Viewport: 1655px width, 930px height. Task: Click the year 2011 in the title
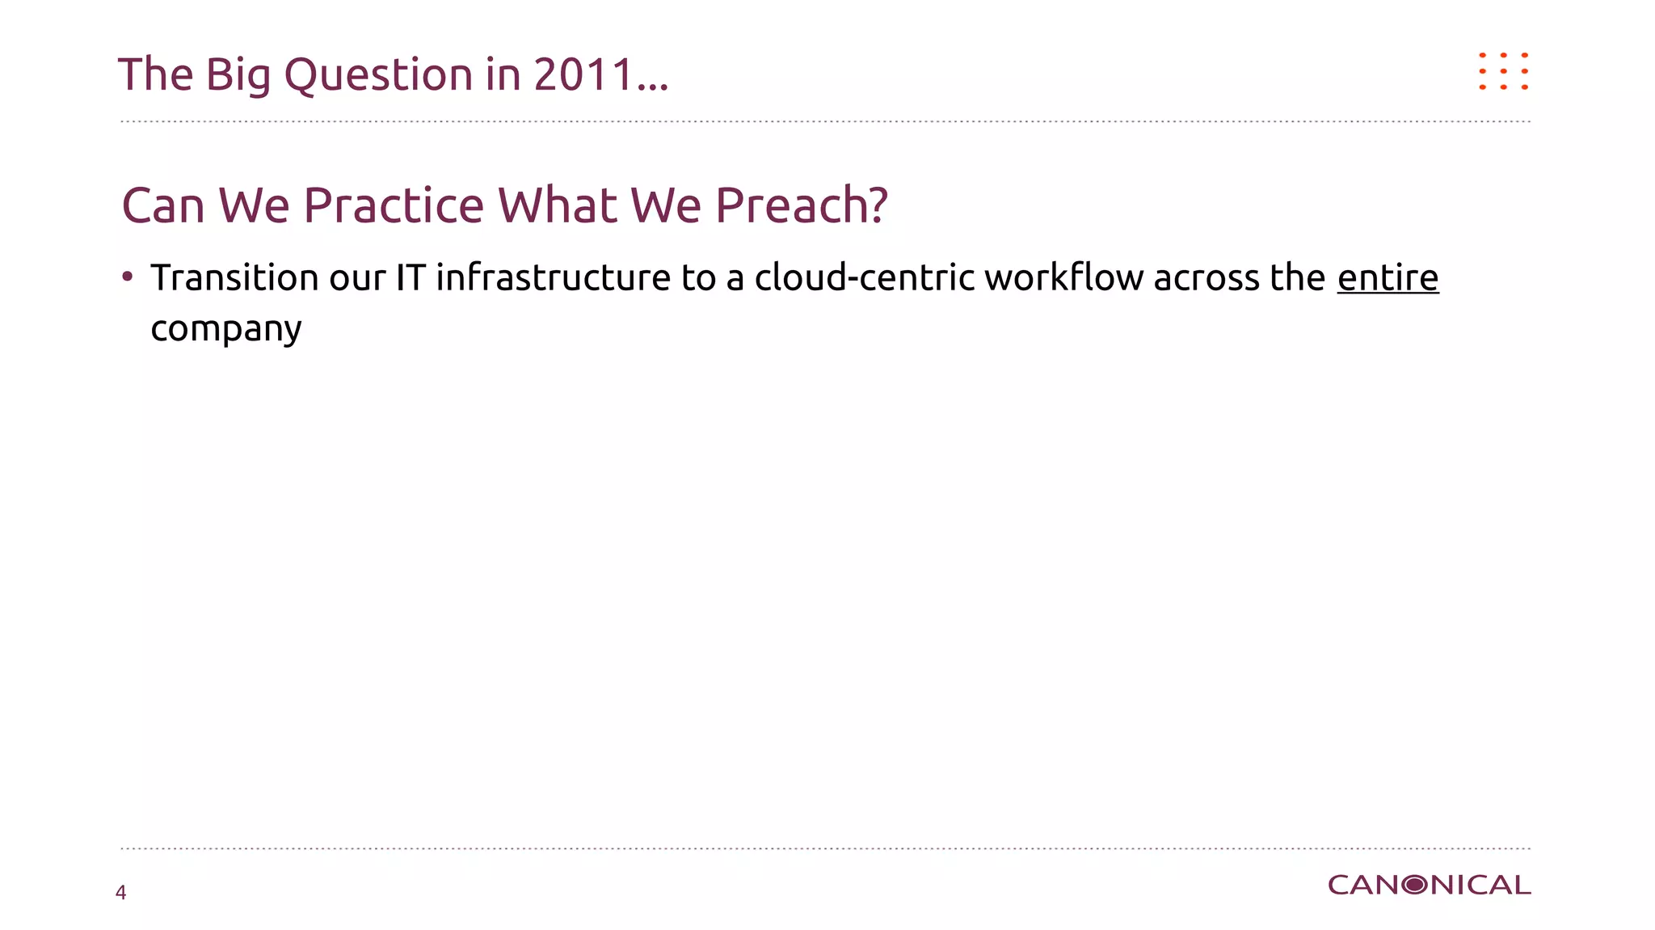[583, 74]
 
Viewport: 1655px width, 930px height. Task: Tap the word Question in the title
[378, 76]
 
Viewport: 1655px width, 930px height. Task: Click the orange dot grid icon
[1503, 71]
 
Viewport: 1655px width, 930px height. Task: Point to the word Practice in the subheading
[394, 205]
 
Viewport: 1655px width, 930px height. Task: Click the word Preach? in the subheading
[802, 205]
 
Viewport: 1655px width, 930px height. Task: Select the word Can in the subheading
[162, 205]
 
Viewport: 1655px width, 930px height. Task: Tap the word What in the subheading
[558, 205]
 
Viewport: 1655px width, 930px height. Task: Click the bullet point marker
[127, 277]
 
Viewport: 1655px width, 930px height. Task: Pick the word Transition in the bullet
[234, 278]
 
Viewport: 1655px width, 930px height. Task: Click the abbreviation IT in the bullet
[410, 278]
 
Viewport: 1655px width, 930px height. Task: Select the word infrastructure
[553, 278]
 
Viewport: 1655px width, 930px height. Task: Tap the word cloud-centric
[864, 278]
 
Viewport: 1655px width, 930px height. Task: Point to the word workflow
[1063, 278]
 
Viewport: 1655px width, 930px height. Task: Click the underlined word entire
[1388, 278]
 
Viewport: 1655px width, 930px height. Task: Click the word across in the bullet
[1207, 278]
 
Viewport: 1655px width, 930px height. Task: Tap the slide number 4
[121, 893]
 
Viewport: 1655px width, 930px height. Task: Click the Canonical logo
[1429, 886]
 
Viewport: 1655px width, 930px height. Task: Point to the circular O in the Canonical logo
[1415, 886]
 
